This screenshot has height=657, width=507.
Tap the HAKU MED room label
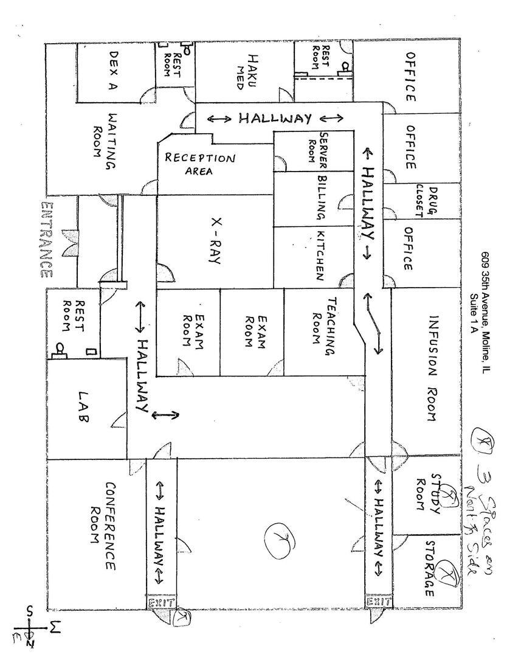click(246, 72)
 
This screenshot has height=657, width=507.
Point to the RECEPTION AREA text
click(199, 164)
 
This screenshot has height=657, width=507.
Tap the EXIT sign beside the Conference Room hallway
click(161, 602)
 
